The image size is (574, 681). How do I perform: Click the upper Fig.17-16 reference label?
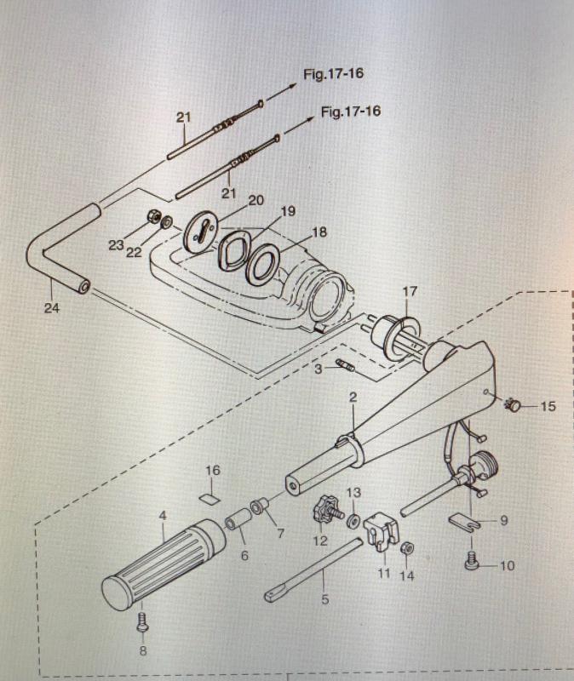click(x=333, y=74)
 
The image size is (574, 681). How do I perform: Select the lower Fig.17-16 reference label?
click(x=350, y=112)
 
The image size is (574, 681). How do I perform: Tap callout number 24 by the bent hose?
click(x=52, y=308)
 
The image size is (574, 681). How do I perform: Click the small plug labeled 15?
click(x=514, y=406)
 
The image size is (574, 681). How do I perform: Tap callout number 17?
click(x=410, y=291)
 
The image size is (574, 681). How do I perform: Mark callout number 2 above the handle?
click(x=353, y=398)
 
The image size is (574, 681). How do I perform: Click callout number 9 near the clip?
click(x=503, y=519)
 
